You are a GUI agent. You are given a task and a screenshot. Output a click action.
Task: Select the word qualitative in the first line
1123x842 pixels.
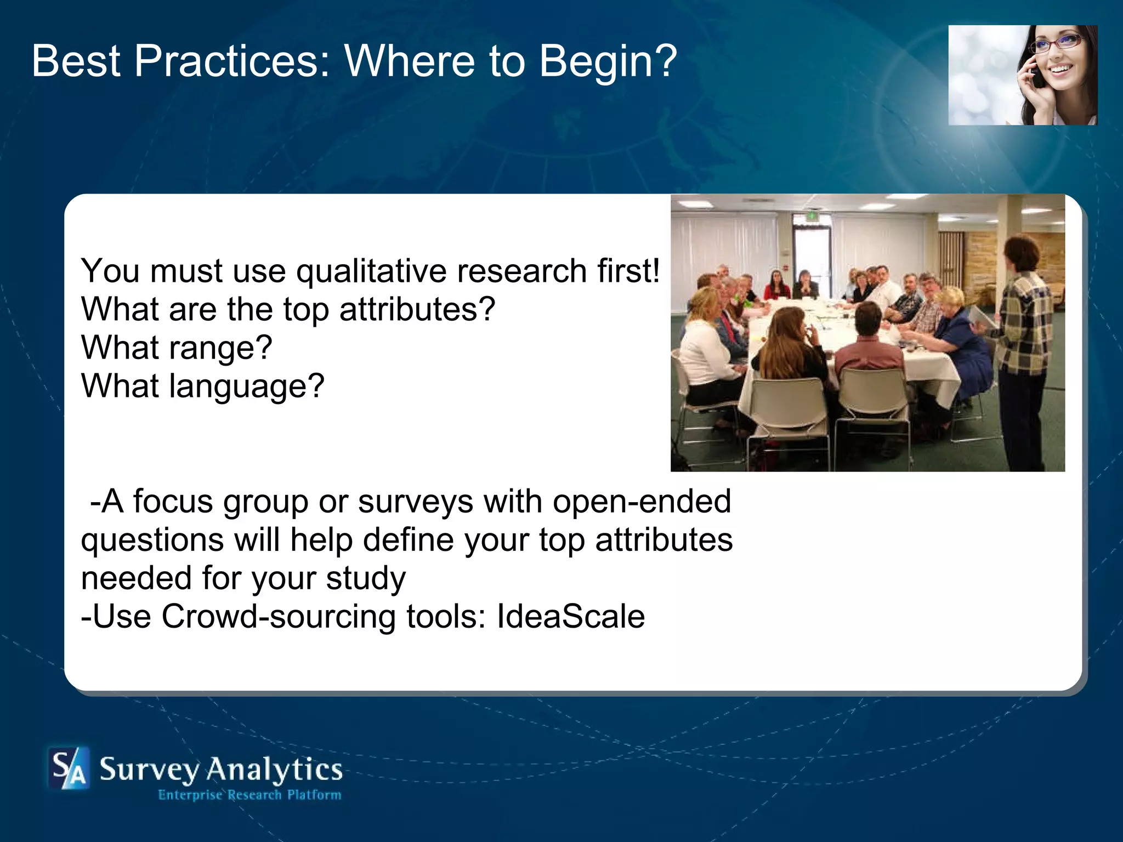click(371, 271)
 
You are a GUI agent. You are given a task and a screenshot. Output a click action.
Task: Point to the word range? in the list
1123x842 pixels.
click(220, 349)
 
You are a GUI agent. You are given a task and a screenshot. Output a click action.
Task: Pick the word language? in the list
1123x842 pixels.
click(247, 387)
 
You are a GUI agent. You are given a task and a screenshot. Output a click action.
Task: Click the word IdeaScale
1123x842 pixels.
click(570, 617)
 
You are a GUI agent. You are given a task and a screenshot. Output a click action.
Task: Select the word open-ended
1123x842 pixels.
click(642, 502)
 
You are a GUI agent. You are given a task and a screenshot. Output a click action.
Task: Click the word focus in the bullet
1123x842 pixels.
click(173, 502)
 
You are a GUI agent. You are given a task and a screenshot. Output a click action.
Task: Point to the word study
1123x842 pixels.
click(366, 579)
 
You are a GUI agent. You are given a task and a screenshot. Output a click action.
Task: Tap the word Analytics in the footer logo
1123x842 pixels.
click(274, 770)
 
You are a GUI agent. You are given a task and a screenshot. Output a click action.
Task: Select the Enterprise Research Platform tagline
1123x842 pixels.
click(249, 795)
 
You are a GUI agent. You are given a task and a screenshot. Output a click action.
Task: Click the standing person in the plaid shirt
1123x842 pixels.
click(1024, 340)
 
